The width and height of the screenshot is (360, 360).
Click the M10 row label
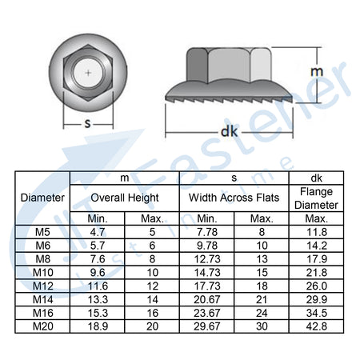tap(43, 273)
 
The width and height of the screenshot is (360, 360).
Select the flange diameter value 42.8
tap(317, 326)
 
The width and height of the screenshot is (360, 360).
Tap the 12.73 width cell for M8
tap(207, 259)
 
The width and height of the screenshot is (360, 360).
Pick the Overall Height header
tap(125, 198)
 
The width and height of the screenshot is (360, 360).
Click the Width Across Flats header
tap(234, 198)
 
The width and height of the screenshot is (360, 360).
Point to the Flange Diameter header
tap(316, 198)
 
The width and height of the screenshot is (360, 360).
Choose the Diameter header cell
tap(42, 198)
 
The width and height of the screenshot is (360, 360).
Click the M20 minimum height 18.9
tap(98, 326)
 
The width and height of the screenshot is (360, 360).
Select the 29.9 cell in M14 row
tap(317, 299)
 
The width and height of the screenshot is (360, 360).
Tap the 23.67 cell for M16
tap(207, 313)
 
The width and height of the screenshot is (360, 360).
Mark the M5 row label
tap(42, 232)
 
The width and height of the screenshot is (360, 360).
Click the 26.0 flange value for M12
tap(317, 286)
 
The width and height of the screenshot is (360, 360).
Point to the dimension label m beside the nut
tap(317, 71)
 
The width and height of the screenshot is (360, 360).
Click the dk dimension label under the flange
tap(230, 131)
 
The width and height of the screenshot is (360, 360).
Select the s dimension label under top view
tap(87, 123)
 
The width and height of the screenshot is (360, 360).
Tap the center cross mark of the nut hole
tap(88, 73)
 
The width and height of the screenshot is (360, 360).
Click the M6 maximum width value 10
tap(262, 246)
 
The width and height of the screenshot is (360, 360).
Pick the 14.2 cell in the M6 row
tap(317, 246)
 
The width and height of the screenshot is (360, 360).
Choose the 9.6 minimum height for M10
tap(98, 273)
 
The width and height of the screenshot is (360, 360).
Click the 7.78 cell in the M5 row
tap(207, 232)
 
